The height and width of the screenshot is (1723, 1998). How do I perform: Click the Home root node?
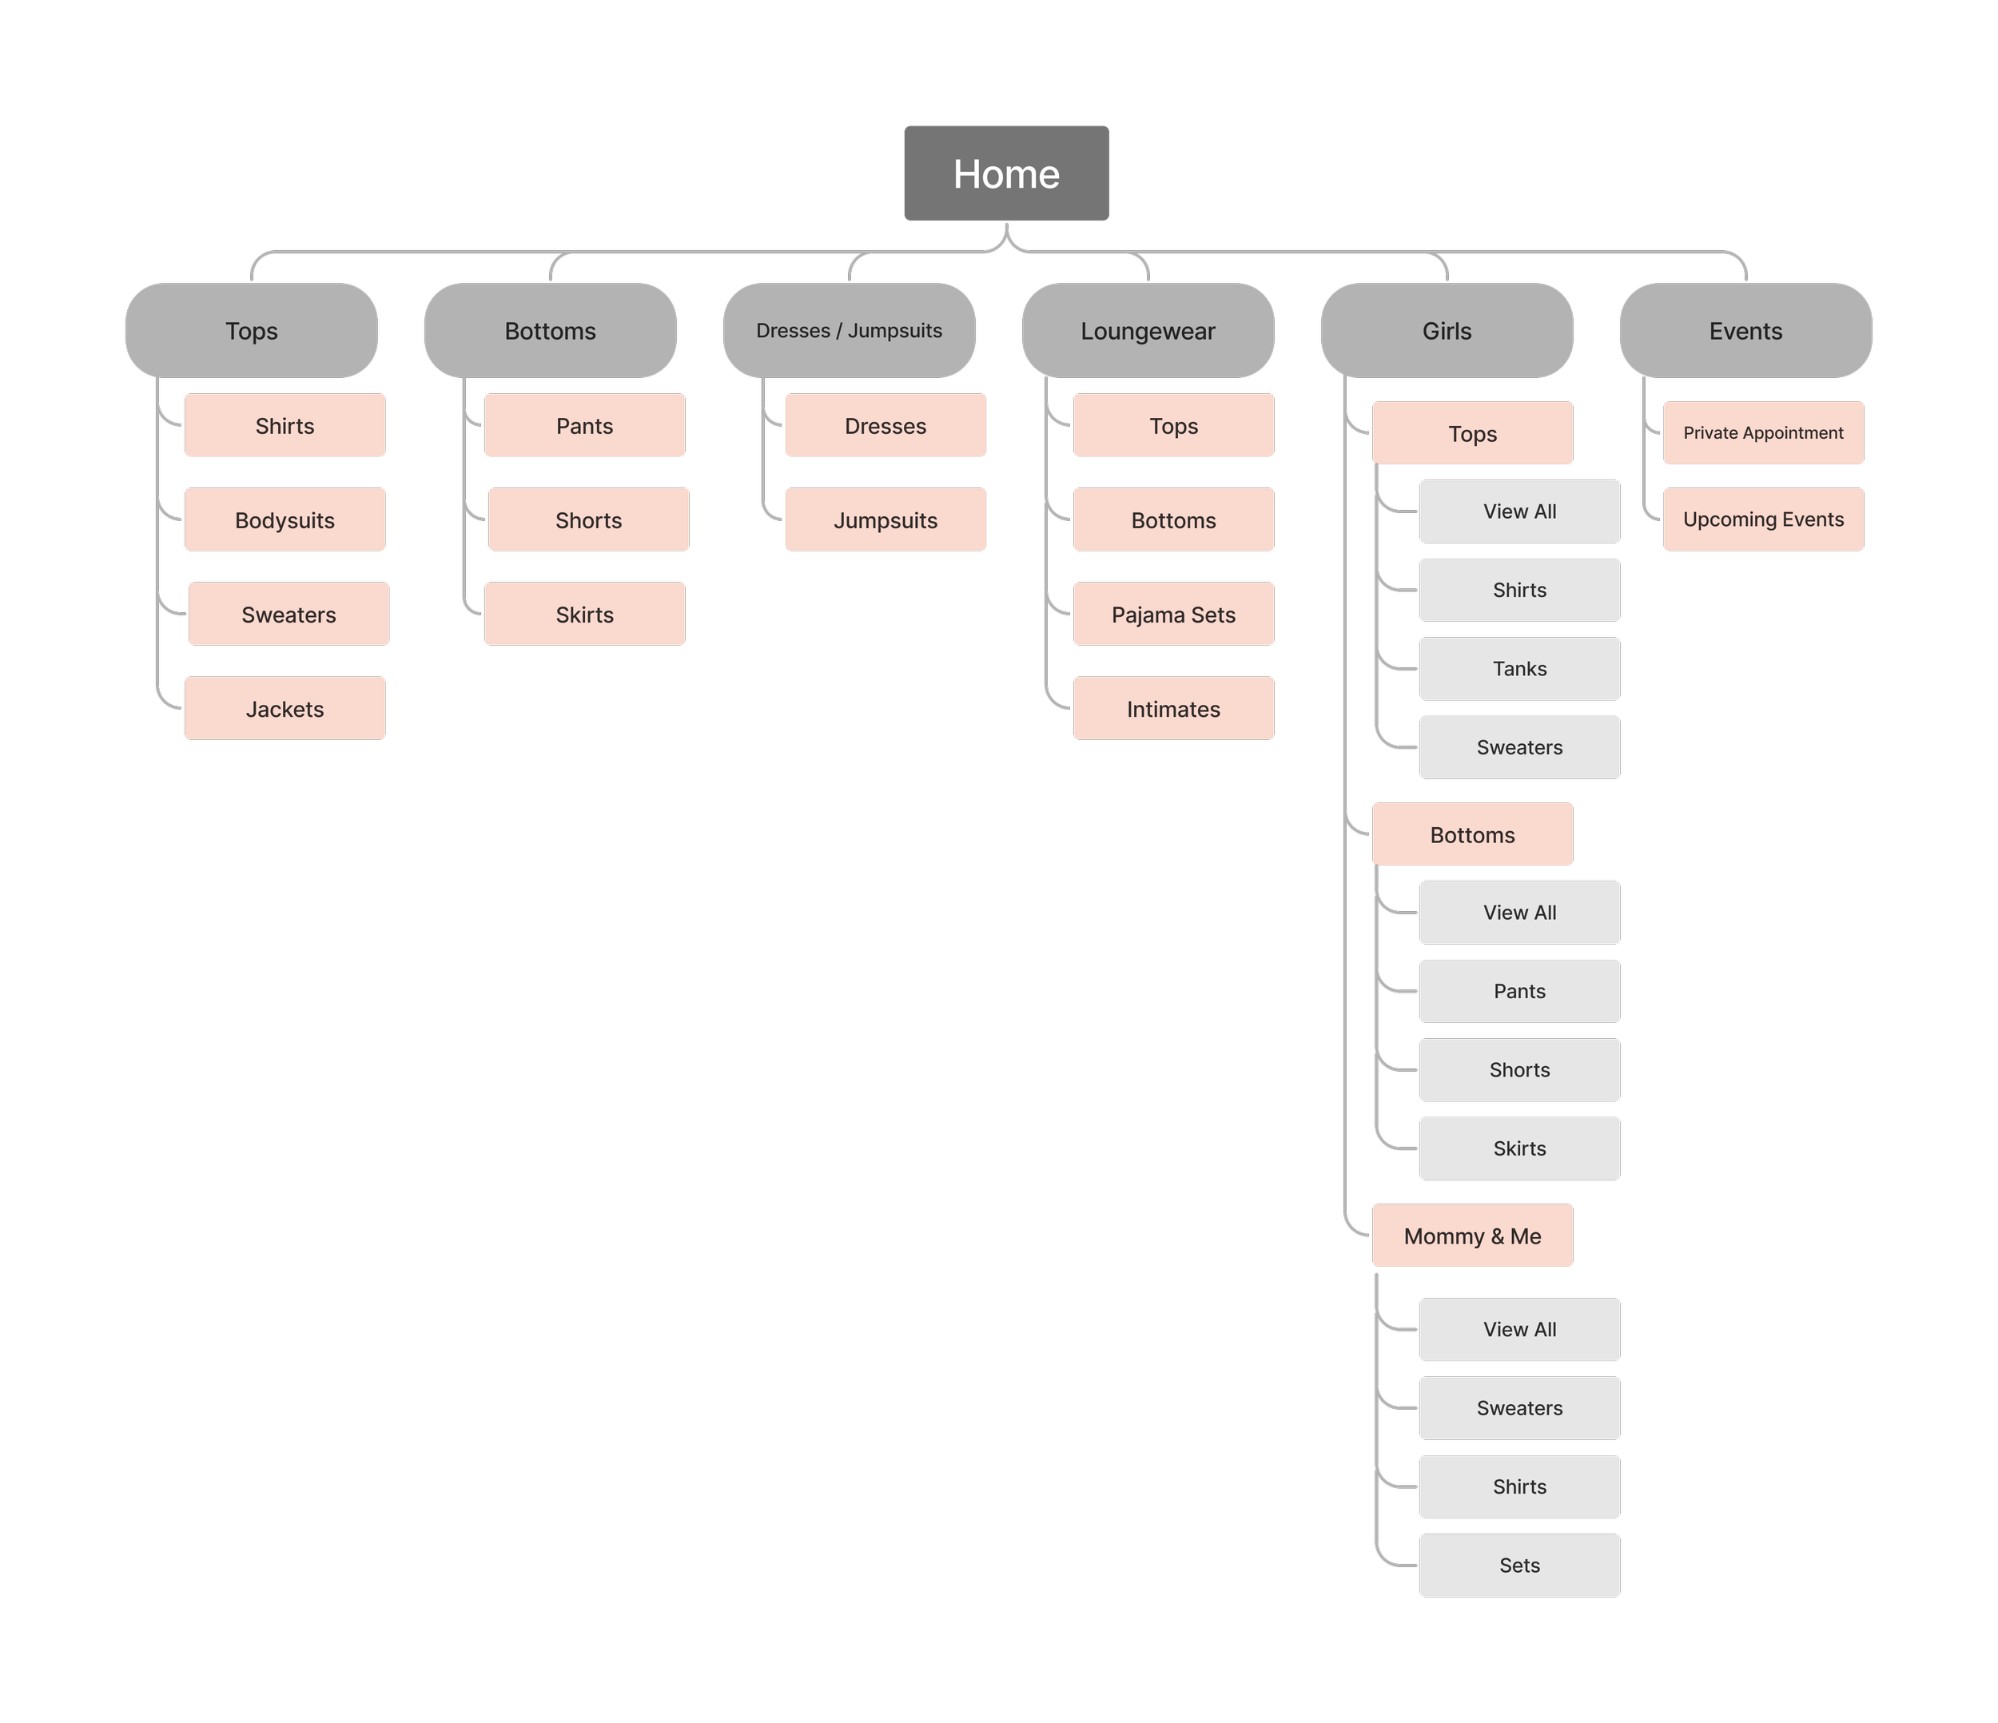click(1007, 173)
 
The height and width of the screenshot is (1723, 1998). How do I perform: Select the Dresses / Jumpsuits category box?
click(849, 331)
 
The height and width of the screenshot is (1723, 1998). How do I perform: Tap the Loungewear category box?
click(1148, 331)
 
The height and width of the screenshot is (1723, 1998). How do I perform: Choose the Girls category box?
click(1447, 331)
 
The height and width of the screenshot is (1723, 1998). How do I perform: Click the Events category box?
click(1745, 331)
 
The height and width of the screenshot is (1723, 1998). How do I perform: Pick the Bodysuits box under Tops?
click(285, 519)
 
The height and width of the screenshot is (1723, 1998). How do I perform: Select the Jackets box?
click(285, 709)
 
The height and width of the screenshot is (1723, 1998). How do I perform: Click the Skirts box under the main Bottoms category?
click(584, 615)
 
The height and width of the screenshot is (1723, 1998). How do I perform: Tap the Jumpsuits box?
click(886, 519)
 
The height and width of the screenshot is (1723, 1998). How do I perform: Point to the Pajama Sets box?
click(1173, 615)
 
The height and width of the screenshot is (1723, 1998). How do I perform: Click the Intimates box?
click(1173, 709)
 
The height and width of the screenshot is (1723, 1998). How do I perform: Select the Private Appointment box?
click(1763, 433)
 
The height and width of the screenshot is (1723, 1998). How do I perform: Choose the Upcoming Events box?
click(1763, 519)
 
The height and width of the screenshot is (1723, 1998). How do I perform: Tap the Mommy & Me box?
click(1472, 1236)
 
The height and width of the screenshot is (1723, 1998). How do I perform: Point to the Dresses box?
click(886, 425)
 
